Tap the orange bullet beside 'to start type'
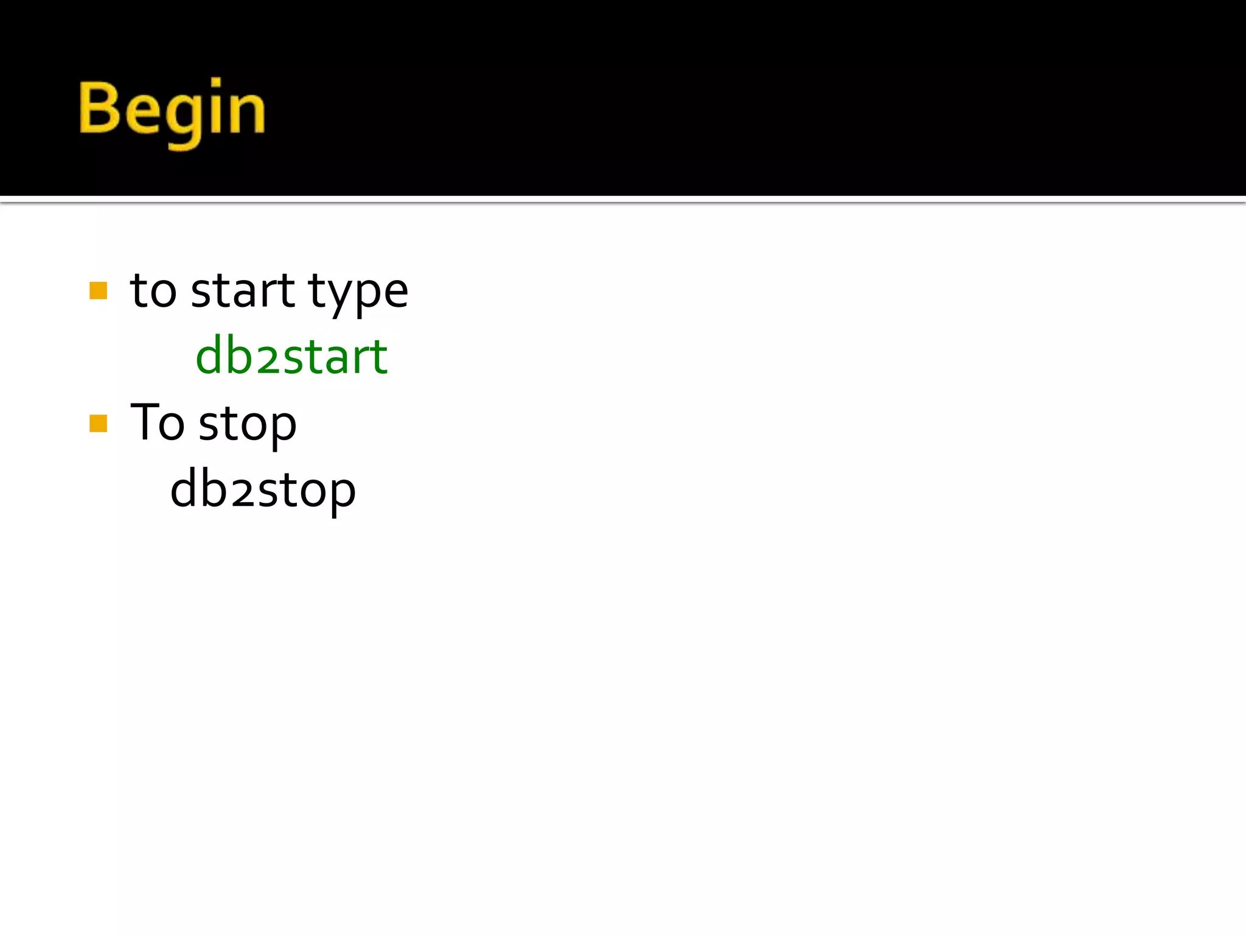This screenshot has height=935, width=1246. click(98, 290)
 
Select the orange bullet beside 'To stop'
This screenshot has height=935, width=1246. click(98, 423)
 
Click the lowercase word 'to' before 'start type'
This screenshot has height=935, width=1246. click(153, 291)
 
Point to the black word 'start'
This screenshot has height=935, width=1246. click(242, 291)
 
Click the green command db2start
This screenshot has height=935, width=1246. click(291, 356)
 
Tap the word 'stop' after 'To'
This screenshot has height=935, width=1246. click(248, 425)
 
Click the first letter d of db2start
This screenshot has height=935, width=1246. click(211, 356)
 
